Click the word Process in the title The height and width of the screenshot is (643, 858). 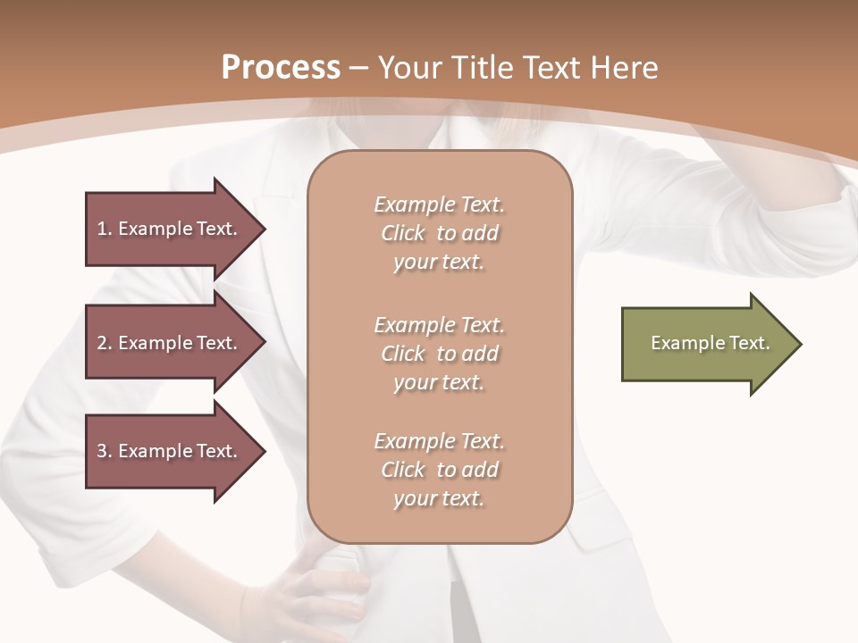point(281,68)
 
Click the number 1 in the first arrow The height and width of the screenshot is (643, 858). point(102,229)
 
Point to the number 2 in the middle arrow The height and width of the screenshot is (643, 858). point(102,343)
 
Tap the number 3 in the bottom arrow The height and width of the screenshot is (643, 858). point(102,451)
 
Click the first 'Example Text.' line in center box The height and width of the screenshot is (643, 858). point(439,205)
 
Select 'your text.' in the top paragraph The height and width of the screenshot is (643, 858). point(439,263)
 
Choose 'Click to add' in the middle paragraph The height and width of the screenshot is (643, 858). point(439,354)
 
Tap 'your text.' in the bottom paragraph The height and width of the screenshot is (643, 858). point(439,499)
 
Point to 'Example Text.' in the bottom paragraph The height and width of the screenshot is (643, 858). point(439,441)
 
